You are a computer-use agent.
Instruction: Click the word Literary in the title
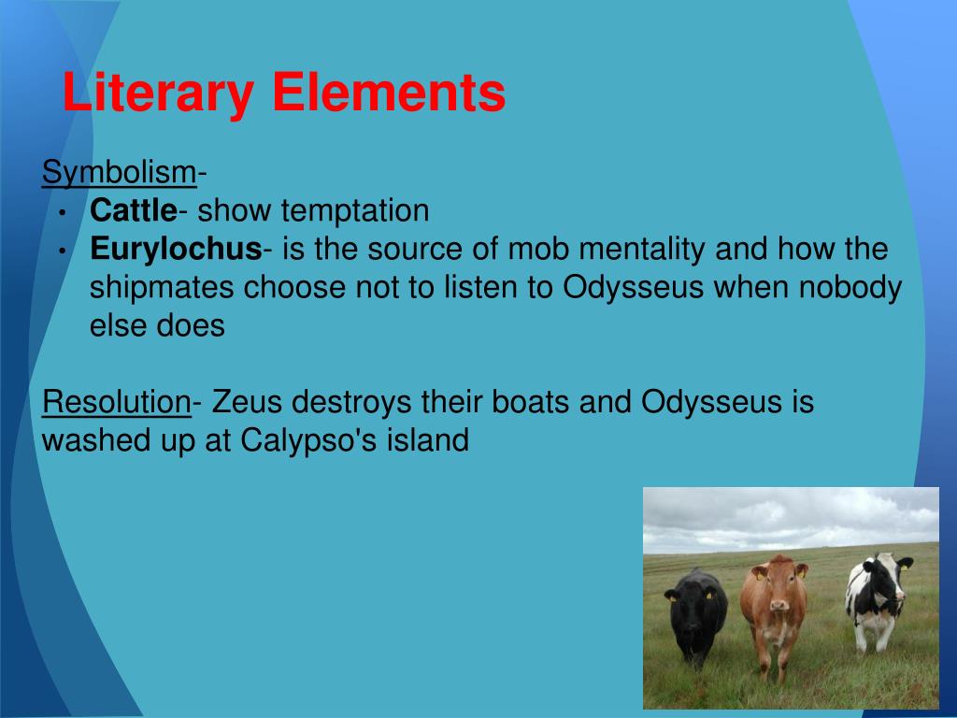[x=159, y=94]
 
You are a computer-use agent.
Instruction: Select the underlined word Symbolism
[x=118, y=172]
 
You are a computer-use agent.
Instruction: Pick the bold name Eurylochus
[x=175, y=250]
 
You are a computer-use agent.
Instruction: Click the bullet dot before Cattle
[x=62, y=212]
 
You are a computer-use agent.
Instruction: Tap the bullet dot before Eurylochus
[x=62, y=251]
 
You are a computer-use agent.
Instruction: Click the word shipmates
[x=163, y=288]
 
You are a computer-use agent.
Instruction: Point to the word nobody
[x=850, y=288]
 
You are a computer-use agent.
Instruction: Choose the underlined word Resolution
[x=117, y=402]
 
